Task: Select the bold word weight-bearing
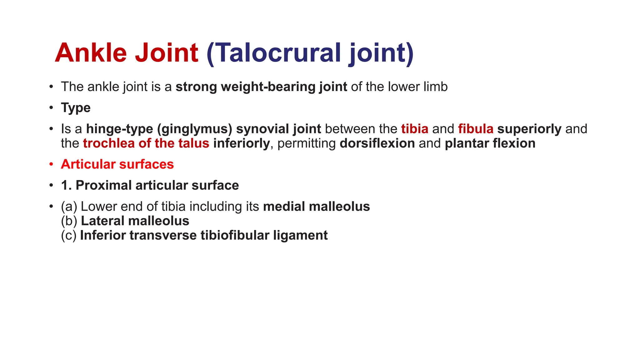click(268, 87)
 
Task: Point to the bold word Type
click(76, 108)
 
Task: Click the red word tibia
click(415, 129)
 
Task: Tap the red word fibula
click(476, 129)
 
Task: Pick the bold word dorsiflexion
click(377, 143)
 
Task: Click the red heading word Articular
click(88, 164)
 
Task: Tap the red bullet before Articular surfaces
click(51, 165)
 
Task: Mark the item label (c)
click(69, 236)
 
